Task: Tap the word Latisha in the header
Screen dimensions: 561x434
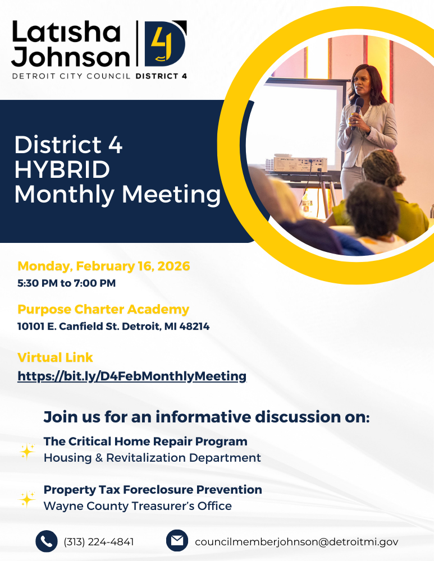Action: click(66, 33)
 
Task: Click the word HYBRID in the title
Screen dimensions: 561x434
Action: click(62, 169)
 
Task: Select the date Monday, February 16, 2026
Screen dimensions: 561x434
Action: click(104, 266)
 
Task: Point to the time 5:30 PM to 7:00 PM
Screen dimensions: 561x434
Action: click(66, 283)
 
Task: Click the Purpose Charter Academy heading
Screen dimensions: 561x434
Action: click(103, 309)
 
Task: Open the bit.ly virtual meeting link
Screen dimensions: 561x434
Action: click(132, 376)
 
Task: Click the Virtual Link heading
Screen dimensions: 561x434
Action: click(55, 357)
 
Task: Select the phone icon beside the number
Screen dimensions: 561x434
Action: click(47, 541)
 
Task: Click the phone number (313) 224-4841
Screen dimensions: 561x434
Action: click(99, 542)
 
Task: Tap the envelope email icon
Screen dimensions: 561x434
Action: click(177, 541)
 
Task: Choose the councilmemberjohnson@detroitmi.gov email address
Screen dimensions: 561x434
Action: click(296, 542)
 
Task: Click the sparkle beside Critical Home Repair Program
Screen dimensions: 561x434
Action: click(27, 450)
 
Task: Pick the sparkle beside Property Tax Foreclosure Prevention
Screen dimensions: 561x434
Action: click(27, 498)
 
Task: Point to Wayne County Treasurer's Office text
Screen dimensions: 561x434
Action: click(138, 506)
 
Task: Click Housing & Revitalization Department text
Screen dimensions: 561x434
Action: click(152, 458)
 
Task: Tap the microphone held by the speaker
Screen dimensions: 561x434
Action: click(357, 107)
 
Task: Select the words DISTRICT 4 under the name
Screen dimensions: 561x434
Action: click(162, 75)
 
